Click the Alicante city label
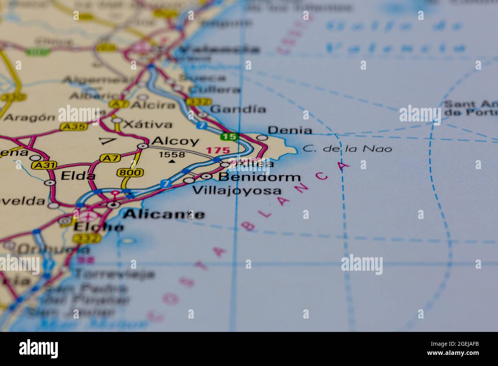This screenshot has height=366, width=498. (164, 214)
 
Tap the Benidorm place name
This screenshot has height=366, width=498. (259, 177)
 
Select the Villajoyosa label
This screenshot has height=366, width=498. (236, 190)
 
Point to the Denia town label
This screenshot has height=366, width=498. (290, 131)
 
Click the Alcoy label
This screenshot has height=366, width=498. (175, 141)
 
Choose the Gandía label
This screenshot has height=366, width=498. (238, 109)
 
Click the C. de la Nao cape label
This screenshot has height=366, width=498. (347, 149)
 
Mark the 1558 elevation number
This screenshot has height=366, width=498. (172, 155)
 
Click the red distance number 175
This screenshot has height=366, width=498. (218, 150)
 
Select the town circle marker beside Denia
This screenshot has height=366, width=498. (262, 137)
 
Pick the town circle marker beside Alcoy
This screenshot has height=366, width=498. (143, 145)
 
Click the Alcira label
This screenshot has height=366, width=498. (147, 105)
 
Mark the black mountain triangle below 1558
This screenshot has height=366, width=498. (172, 162)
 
